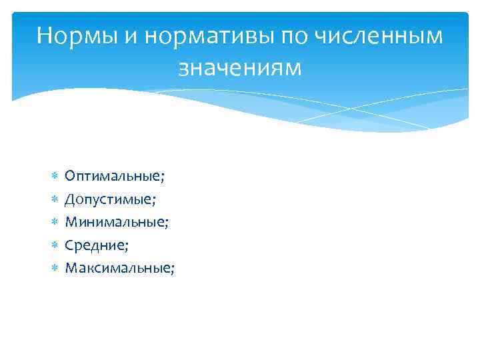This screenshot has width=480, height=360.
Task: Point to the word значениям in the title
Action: point(240,67)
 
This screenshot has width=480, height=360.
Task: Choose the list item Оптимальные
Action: point(114,176)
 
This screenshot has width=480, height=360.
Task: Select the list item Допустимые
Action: point(109,199)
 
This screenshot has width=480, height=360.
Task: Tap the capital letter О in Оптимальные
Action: point(70,176)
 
